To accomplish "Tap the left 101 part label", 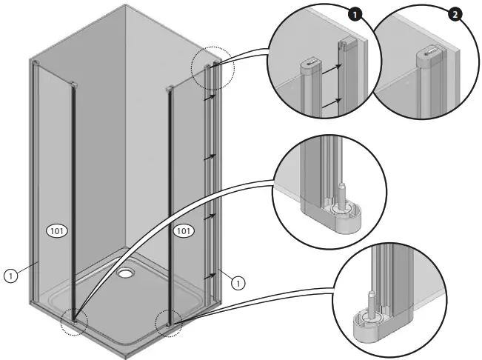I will click(58, 231).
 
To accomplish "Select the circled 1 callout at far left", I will click(10, 275).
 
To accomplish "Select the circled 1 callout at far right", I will click(236, 281).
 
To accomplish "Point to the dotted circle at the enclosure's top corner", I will click(212, 71).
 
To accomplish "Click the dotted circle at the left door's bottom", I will click(74, 321).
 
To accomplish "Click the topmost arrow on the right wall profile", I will click(210, 96).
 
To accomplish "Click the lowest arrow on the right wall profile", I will click(210, 275).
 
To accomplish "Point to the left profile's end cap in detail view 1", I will click(311, 64).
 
